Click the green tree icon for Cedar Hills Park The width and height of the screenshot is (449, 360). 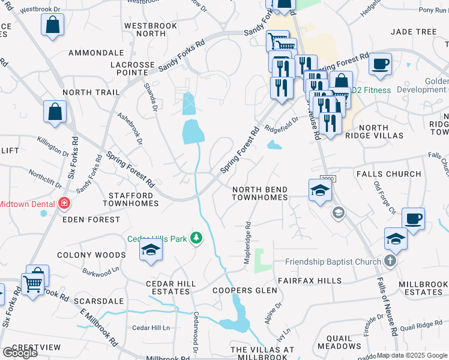196,238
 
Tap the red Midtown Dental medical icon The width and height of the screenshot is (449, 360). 64,204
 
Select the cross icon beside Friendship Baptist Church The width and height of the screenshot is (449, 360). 390,261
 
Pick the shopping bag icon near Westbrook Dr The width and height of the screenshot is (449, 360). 53,25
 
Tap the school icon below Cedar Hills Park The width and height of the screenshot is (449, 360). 151,250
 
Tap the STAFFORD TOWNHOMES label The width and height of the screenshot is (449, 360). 133,199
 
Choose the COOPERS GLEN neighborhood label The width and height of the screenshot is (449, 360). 246,290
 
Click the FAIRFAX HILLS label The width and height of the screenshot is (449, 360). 309,280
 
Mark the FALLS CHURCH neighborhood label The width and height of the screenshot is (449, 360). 388,174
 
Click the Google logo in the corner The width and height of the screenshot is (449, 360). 20,352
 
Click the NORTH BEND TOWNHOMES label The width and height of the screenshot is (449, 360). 260,193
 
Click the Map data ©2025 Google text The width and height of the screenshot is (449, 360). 412,355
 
